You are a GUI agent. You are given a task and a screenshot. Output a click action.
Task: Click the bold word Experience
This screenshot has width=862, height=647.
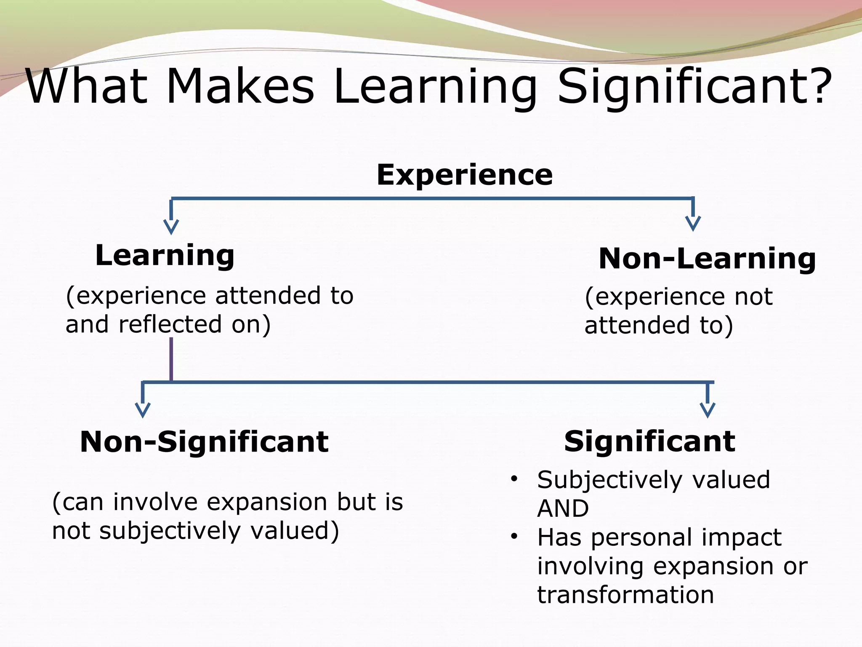(464, 175)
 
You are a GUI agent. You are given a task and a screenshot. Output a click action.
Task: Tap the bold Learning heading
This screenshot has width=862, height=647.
(165, 255)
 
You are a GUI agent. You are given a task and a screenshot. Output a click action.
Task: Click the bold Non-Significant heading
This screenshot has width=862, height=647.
(204, 442)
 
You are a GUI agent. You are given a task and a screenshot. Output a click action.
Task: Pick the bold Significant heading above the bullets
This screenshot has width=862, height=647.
(649, 441)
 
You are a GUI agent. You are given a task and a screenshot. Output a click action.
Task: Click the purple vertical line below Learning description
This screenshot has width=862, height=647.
(171, 359)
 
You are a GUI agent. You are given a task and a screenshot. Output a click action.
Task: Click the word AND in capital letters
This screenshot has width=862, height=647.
(563, 508)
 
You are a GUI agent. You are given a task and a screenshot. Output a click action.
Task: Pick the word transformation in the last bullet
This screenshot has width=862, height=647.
(625, 594)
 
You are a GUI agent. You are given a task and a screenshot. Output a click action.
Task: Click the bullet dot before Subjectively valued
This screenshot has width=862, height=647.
(513, 479)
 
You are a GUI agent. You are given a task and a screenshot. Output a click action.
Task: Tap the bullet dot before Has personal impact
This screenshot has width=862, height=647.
(513, 537)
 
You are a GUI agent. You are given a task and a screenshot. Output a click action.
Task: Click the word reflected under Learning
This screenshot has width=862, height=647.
(170, 324)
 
